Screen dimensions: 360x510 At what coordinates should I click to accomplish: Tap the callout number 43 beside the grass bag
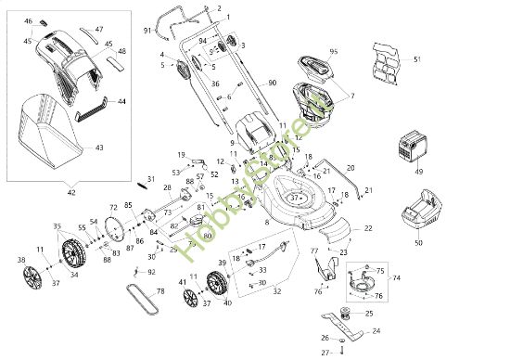point(98,147)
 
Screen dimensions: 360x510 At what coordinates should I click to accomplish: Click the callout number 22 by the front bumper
point(367,227)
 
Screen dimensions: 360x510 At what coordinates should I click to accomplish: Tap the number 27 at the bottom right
point(325,353)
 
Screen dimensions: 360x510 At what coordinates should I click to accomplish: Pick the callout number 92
point(152,272)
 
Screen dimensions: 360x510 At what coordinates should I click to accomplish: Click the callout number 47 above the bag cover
point(99,30)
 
